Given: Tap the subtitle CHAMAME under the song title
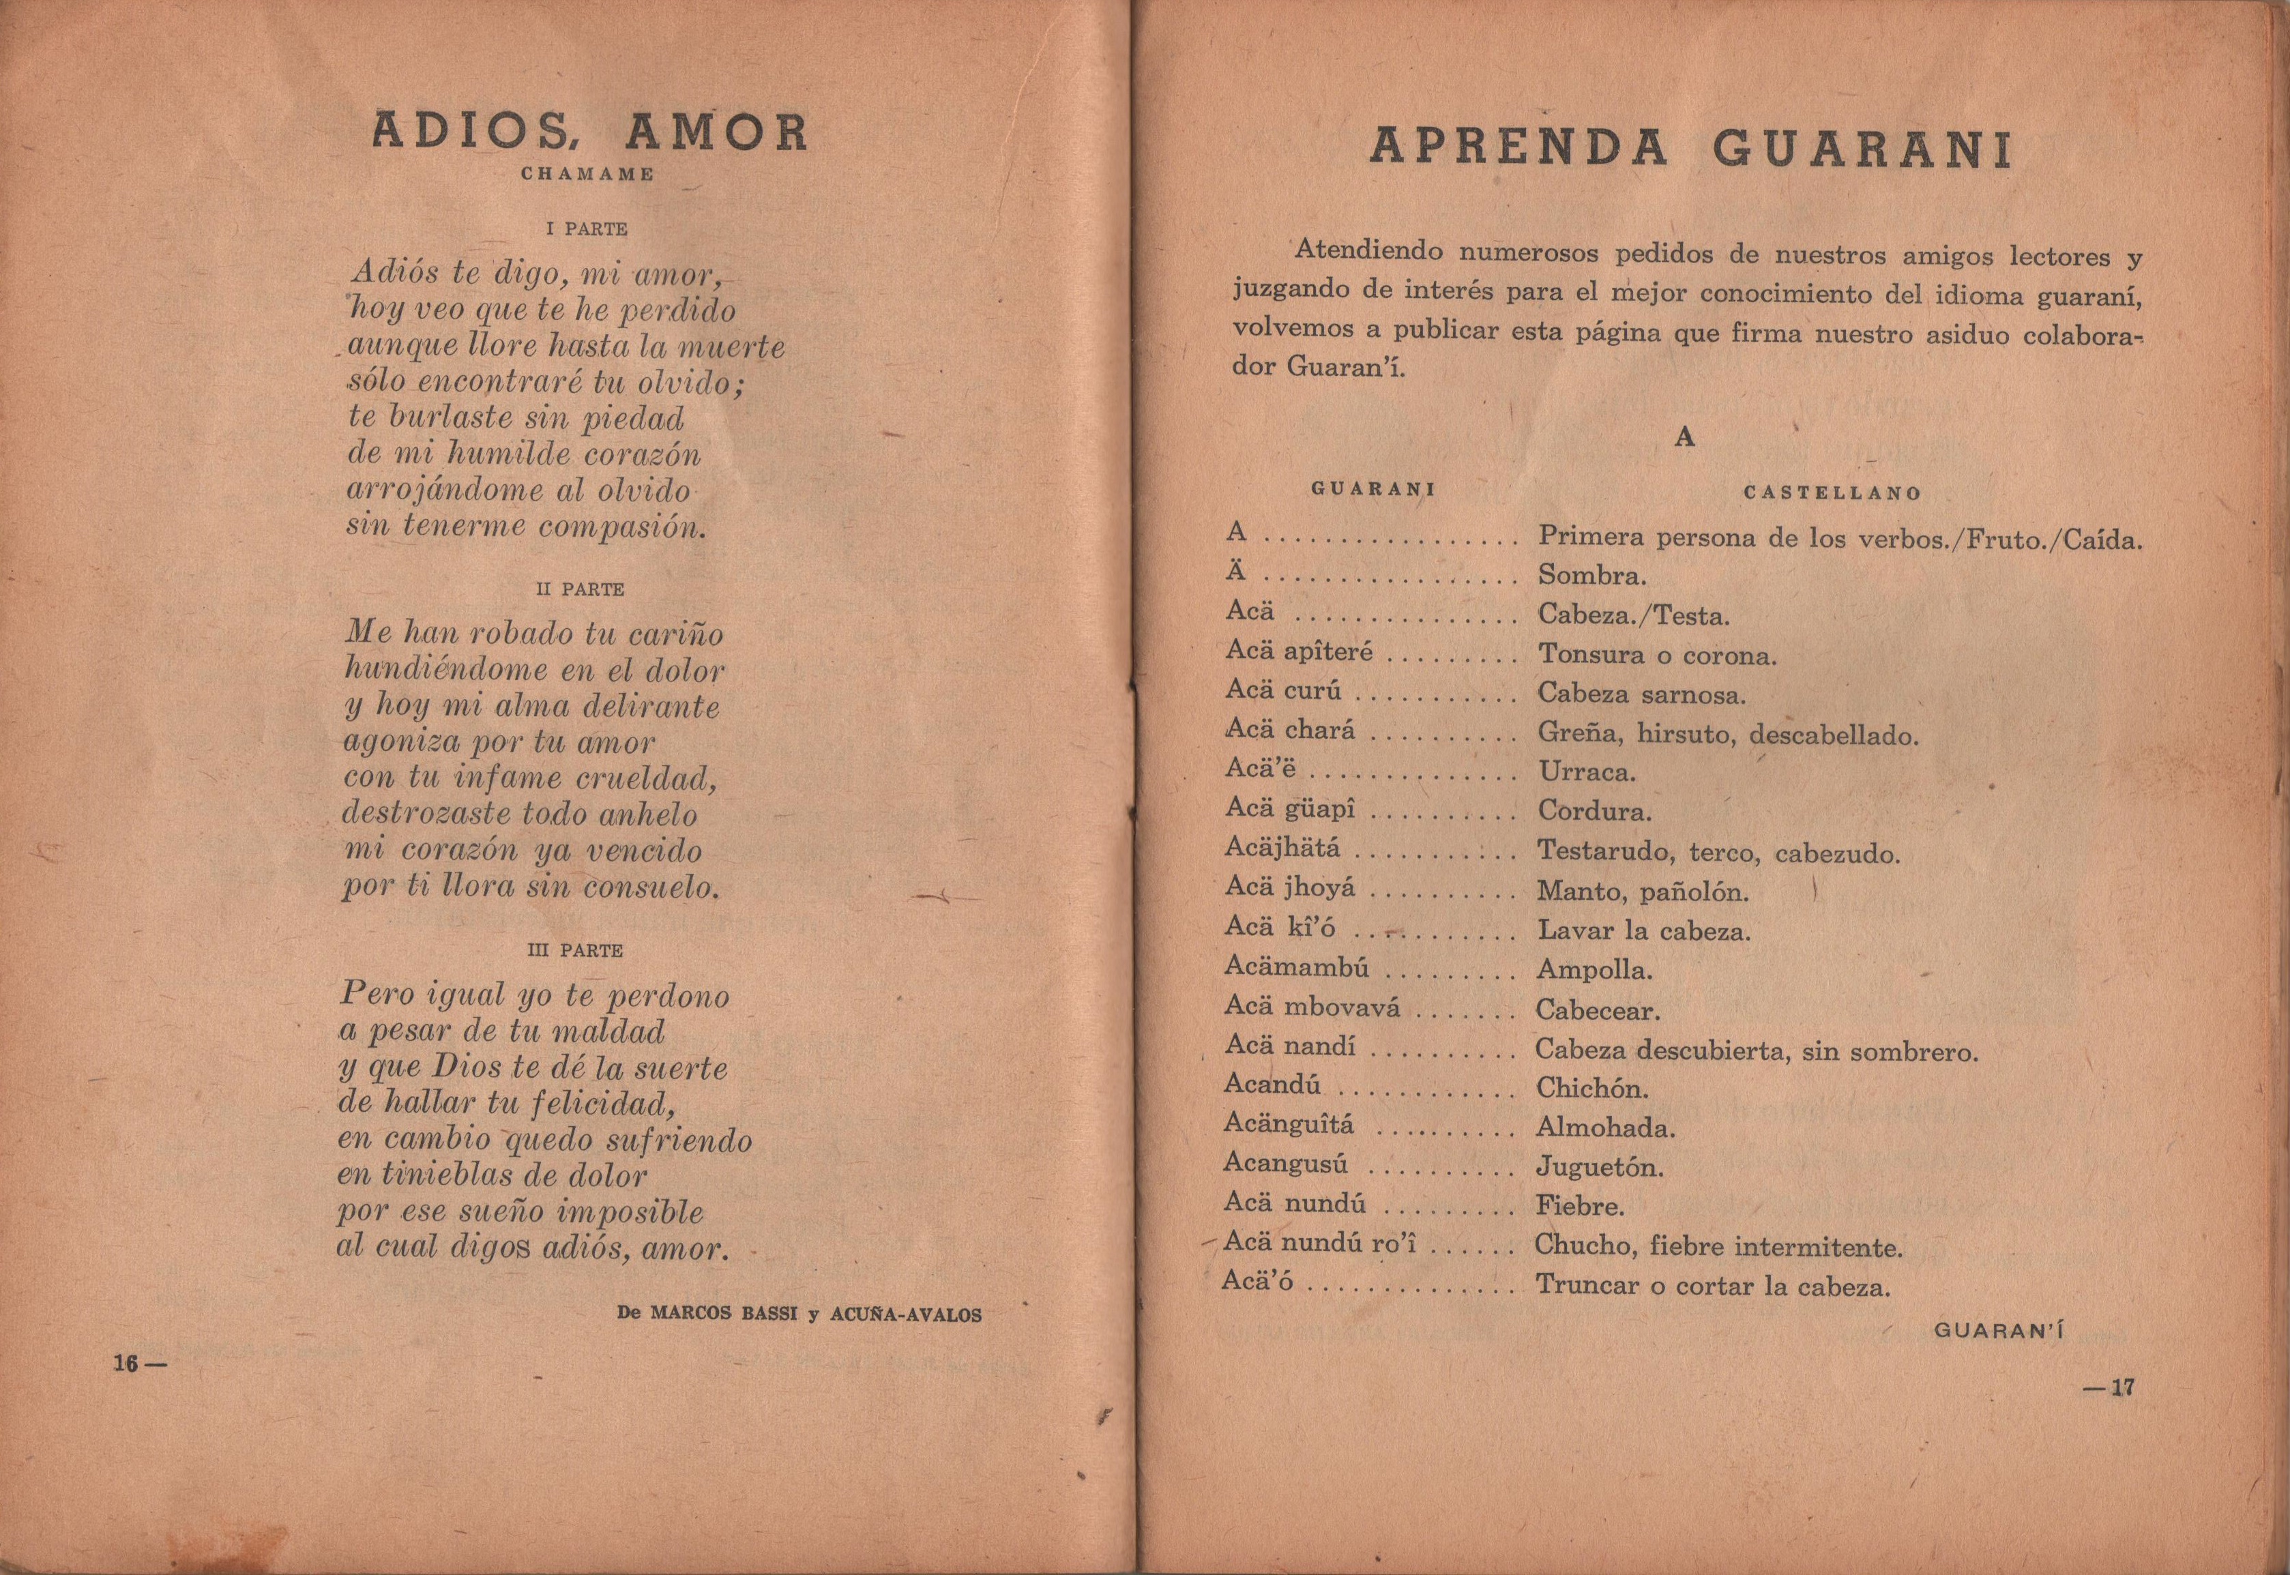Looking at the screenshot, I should coord(588,175).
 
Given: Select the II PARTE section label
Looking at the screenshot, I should coord(579,589).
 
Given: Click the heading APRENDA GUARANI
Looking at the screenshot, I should coord(1690,149).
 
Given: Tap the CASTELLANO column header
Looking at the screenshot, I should coord(1832,492).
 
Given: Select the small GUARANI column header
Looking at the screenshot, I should coord(1372,488).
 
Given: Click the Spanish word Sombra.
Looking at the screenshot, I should coord(1591,575).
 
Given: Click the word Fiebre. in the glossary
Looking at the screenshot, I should coord(1580,1206).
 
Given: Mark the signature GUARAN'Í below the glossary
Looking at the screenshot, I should coord(1999,1330).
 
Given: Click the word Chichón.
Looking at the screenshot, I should coord(1592,1089).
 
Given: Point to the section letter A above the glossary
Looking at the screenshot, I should coord(1684,437).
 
